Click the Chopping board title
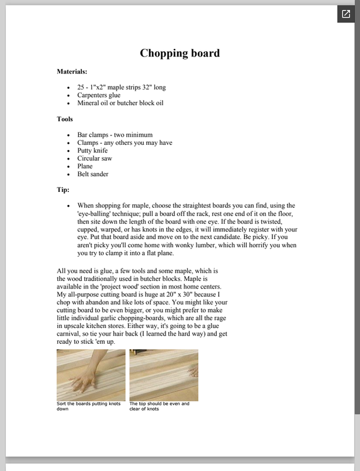click(x=180, y=53)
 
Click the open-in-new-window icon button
click(x=346, y=14)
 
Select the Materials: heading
click(x=72, y=71)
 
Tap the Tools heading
click(x=65, y=119)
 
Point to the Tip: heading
click(x=63, y=190)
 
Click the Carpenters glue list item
click(x=98, y=95)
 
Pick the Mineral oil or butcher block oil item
click(x=120, y=103)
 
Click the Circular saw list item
click(x=94, y=158)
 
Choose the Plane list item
click(x=85, y=167)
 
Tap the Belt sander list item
click(x=93, y=174)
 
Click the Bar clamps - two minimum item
click(x=114, y=134)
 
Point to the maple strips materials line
click(x=121, y=87)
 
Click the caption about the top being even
click(x=159, y=406)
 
